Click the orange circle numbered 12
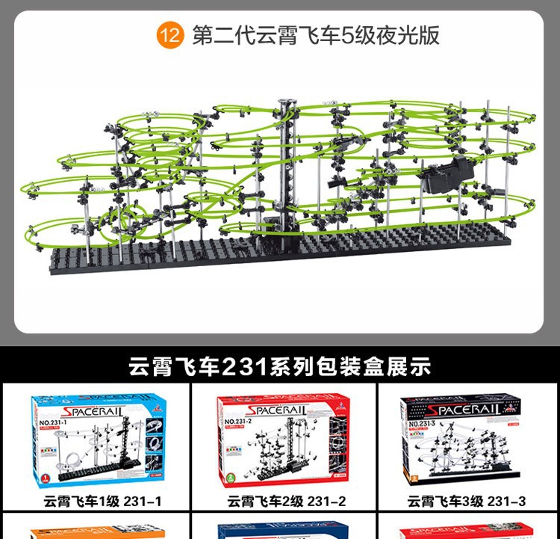(169, 36)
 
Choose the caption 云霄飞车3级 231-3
(467, 501)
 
